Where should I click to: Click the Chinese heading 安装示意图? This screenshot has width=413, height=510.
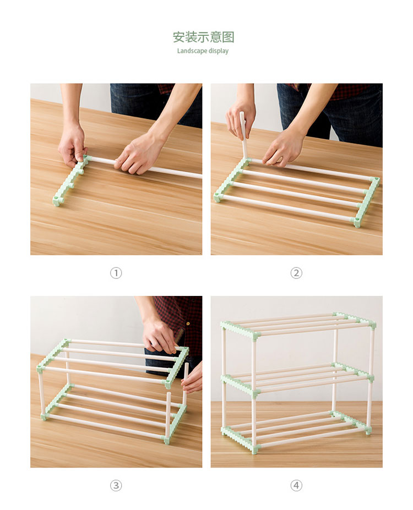(x=203, y=37)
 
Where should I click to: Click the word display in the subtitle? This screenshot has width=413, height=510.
(x=219, y=51)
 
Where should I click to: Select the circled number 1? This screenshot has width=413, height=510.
(x=116, y=273)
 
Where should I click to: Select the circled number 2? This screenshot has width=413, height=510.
(x=296, y=273)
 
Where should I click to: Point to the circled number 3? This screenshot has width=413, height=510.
(x=116, y=486)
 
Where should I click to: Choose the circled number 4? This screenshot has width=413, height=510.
(x=296, y=486)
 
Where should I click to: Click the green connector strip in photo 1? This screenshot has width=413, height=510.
(x=71, y=180)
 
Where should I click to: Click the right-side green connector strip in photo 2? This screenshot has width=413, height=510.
(x=367, y=202)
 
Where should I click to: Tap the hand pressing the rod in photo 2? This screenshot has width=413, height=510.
(x=284, y=148)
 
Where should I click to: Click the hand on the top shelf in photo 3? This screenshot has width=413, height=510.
(x=160, y=335)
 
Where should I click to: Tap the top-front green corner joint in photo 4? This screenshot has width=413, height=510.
(x=255, y=336)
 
